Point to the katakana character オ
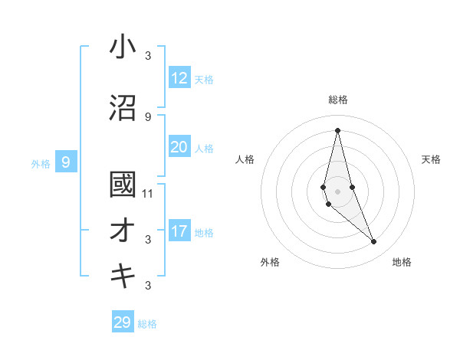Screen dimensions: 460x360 (x=123, y=231)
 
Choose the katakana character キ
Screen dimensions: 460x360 (x=123, y=277)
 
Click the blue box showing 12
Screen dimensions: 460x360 (x=179, y=78)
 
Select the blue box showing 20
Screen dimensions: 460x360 (x=179, y=147)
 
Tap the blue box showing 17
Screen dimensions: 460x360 (x=179, y=231)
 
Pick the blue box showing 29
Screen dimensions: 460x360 (x=122, y=322)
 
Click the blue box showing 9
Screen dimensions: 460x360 (x=66, y=162)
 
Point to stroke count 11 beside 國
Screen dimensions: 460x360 (x=148, y=193)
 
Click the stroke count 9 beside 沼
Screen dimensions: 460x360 (x=148, y=116)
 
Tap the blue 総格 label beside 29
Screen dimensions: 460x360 (x=147, y=324)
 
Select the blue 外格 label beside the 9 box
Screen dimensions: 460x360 (x=41, y=163)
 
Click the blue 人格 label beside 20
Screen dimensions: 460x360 (x=204, y=149)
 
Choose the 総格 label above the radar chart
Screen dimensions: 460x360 (x=337, y=100)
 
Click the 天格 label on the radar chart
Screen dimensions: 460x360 (x=431, y=159)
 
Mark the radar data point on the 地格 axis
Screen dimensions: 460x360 (x=374, y=242)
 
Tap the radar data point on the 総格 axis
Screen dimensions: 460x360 (x=337, y=129)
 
